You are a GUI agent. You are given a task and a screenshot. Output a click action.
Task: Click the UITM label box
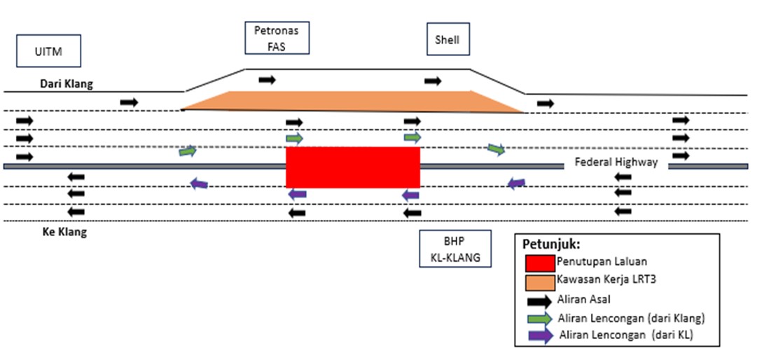click(48, 53)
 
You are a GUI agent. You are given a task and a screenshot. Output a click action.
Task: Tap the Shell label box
click(448, 40)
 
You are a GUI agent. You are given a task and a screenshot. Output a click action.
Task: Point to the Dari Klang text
click(67, 84)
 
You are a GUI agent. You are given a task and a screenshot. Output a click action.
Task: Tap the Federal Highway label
click(616, 162)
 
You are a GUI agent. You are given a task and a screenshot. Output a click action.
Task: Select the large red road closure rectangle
click(352, 167)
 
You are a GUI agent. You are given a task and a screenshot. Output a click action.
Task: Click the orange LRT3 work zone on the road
click(350, 101)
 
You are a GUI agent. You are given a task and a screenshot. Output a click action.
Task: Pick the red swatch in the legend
click(540, 263)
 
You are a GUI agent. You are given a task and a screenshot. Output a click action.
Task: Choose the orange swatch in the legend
click(540, 282)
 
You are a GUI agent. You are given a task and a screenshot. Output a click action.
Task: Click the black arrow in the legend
click(539, 301)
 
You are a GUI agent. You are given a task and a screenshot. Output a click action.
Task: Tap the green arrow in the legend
click(539, 318)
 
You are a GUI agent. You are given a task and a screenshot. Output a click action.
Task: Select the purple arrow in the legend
click(539, 335)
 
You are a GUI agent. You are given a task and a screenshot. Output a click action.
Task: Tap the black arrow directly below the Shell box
click(433, 81)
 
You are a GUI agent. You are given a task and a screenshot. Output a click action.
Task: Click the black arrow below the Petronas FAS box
click(267, 80)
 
